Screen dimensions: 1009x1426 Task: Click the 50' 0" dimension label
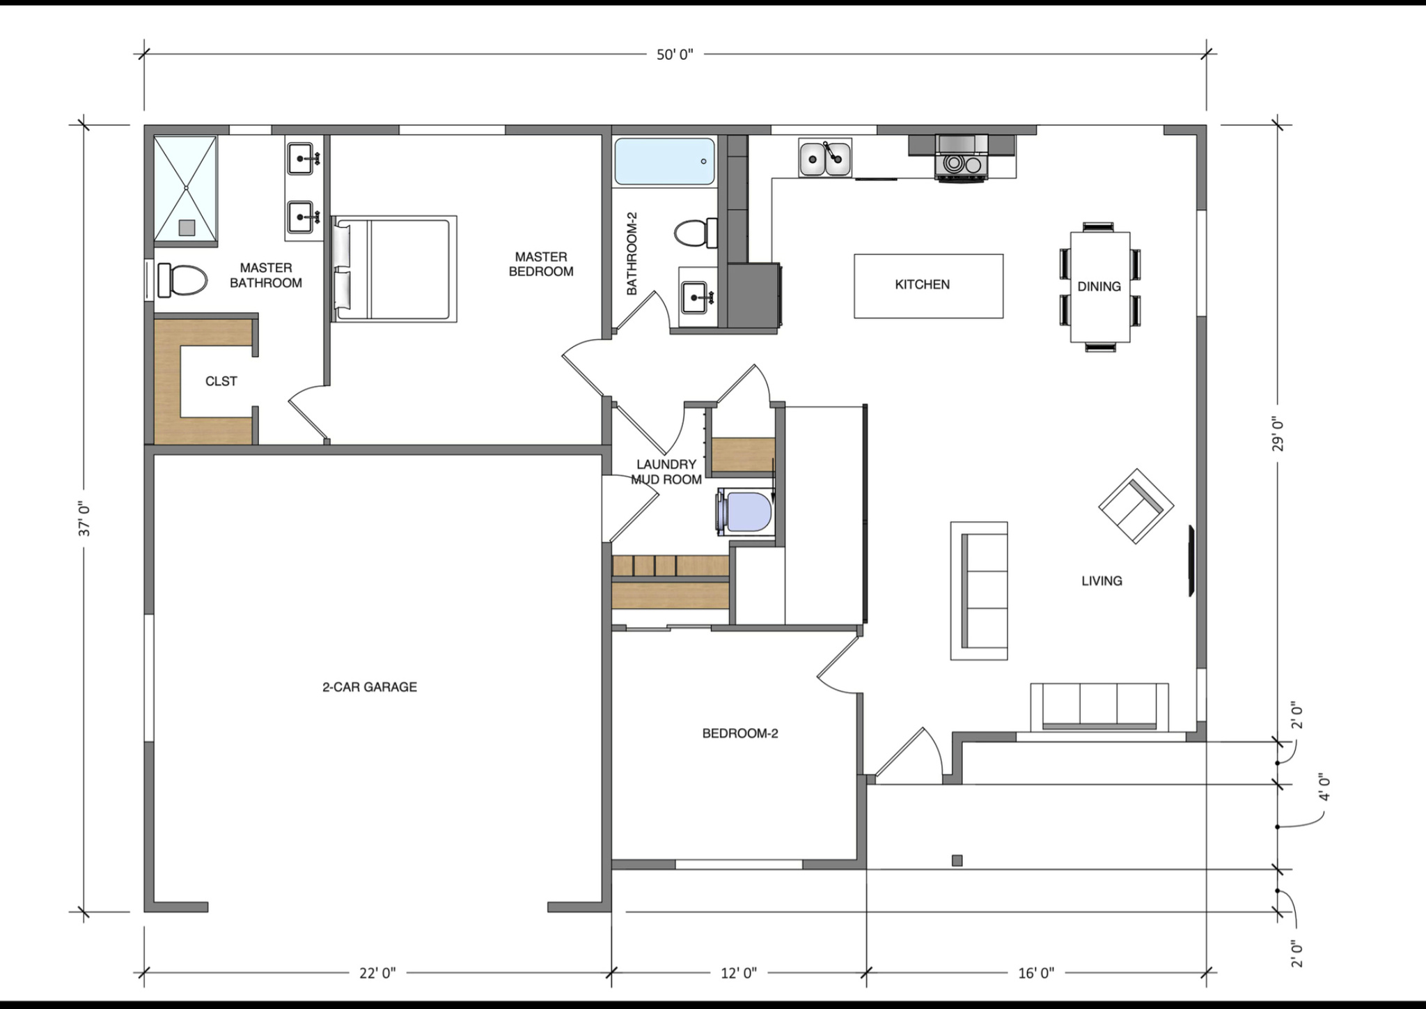[675, 55]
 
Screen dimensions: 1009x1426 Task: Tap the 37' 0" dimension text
[85, 519]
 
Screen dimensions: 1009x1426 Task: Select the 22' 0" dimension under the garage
[377, 973]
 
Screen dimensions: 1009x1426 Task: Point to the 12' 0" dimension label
[739, 973]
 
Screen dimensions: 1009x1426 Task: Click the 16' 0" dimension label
[1036, 973]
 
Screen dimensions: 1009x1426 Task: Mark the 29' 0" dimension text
[1278, 433]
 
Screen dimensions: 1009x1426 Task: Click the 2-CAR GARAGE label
[370, 687]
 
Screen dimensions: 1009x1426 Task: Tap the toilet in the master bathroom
[182, 280]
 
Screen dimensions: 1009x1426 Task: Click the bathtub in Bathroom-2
[664, 162]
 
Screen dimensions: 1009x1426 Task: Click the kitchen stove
[962, 160]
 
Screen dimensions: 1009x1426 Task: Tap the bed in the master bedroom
[395, 269]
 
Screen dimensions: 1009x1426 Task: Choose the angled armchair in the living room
[1136, 506]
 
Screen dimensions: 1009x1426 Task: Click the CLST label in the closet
[221, 381]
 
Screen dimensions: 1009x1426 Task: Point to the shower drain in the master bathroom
[187, 227]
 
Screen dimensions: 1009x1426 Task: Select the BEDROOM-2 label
[739, 733]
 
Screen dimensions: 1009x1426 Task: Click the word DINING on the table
[1099, 286]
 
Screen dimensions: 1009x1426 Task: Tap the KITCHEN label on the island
[922, 284]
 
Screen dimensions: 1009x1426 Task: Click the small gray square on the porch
[957, 861]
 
